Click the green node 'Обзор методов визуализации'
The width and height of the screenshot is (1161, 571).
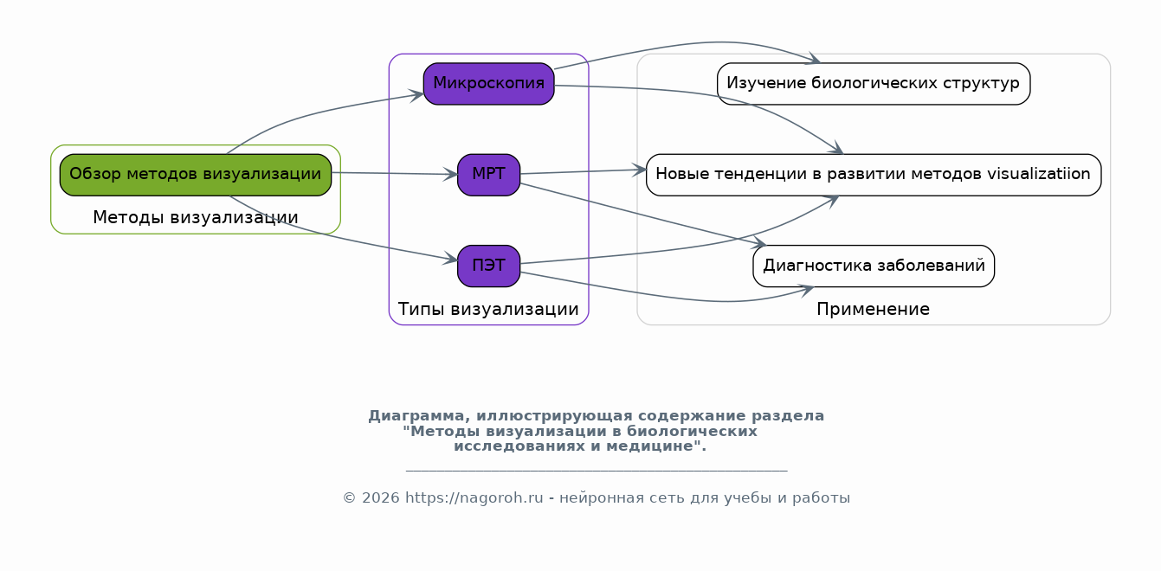195,174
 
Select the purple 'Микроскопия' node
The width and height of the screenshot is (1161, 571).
488,84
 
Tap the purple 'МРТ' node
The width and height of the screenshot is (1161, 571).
488,175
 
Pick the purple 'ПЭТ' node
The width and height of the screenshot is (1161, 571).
488,266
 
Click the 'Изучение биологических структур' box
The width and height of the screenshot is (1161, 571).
873,84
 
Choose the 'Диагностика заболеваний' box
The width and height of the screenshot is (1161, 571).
873,266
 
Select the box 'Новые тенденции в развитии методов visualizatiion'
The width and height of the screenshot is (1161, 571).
873,175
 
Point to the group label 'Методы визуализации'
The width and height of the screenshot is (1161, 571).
195,218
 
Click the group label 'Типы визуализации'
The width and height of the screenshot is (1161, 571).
488,309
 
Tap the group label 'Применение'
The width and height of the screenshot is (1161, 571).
873,309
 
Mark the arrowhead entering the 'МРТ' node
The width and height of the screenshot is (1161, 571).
451,175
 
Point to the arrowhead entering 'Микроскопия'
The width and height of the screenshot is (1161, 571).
417,94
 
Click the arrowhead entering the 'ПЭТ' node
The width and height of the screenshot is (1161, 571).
451,259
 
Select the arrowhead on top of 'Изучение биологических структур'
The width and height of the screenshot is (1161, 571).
814,61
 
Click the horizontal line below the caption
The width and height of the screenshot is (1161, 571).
596,472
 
